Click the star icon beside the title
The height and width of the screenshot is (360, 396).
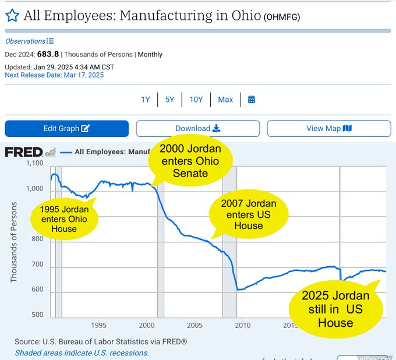[12, 15]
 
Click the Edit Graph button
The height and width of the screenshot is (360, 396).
[66, 129]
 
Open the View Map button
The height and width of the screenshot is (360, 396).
[329, 129]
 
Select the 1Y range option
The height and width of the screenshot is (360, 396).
[146, 100]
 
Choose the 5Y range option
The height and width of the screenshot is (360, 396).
[169, 100]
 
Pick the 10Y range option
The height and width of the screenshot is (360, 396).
[196, 100]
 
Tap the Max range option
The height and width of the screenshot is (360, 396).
[225, 100]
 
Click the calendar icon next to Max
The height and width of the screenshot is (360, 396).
[252, 100]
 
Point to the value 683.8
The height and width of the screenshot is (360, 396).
[48, 54]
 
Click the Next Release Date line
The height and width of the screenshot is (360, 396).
[54, 75]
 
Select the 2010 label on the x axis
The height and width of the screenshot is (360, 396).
[243, 325]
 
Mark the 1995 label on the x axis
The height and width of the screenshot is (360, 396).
[98, 325]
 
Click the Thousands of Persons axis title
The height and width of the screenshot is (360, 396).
[14, 242]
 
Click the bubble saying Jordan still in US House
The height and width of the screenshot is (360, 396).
[335, 309]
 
